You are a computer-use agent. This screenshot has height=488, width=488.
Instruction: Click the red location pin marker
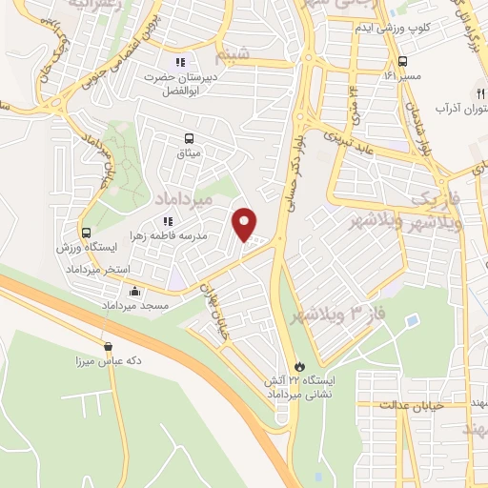click(x=245, y=225)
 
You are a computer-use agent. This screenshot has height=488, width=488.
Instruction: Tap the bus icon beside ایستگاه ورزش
click(x=87, y=232)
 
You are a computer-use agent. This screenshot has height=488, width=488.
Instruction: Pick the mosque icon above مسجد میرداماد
click(x=135, y=292)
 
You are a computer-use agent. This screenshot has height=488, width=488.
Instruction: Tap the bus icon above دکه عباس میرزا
click(x=107, y=347)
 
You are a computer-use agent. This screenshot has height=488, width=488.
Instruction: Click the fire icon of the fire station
click(x=298, y=365)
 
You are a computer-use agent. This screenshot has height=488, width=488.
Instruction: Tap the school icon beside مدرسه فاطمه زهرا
click(x=168, y=222)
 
